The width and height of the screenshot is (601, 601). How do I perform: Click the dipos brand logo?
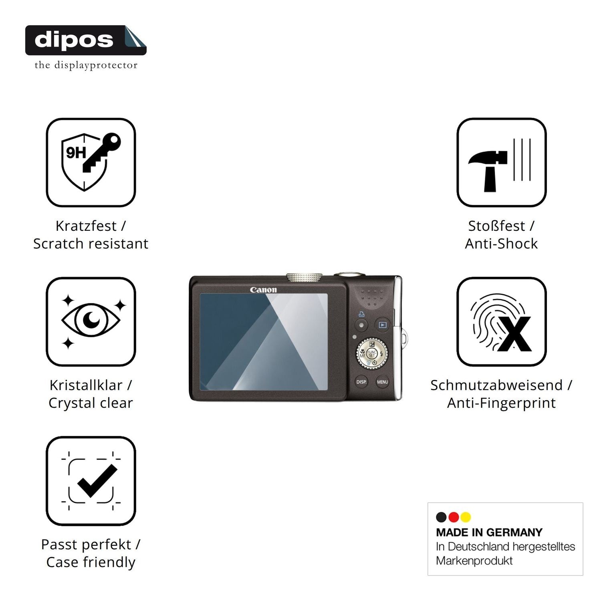pyautogui.click(x=86, y=40)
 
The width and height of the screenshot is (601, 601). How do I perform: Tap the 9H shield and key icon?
pyautogui.click(x=91, y=162)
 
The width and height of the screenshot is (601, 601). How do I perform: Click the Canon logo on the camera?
pyautogui.click(x=263, y=290)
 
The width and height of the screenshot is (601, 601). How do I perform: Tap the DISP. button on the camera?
pyautogui.click(x=361, y=382)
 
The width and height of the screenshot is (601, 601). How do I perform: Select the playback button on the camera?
pyautogui.click(x=383, y=325)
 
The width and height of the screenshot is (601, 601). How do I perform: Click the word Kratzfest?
pyautogui.click(x=86, y=226)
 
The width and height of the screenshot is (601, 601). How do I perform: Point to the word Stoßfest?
pyautogui.click(x=496, y=226)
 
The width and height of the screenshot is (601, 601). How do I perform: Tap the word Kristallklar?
pyautogui.click(x=86, y=385)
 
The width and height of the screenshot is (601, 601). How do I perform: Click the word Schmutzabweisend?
pyautogui.click(x=496, y=385)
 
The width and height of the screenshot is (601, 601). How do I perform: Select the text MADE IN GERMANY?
pyautogui.click(x=489, y=532)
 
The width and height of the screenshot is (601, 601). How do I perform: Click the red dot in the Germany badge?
pyautogui.click(x=454, y=517)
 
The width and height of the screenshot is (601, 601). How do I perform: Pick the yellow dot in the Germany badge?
pyautogui.click(x=466, y=517)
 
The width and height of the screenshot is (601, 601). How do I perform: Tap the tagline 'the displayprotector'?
pyautogui.click(x=86, y=65)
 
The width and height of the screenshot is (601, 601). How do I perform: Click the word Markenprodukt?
pyautogui.click(x=474, y=561)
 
